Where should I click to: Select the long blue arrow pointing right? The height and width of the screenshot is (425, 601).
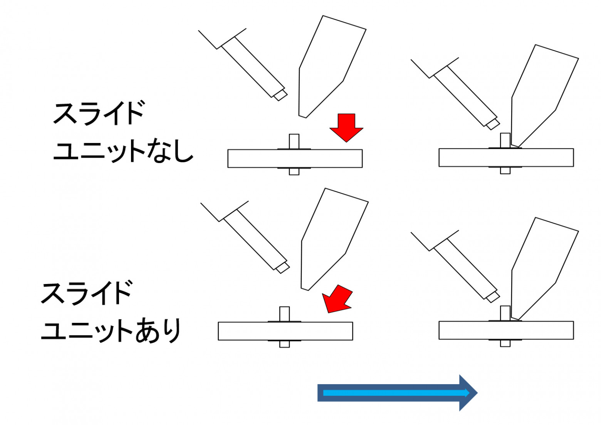(x=397, y=393)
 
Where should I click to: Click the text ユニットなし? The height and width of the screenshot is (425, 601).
(x=123, y=151)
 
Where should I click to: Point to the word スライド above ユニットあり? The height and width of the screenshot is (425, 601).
(x=87, y=293)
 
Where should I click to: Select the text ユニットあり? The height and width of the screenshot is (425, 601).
(x=111, y=331)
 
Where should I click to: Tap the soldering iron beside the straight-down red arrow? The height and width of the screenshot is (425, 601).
(x=327, y=66)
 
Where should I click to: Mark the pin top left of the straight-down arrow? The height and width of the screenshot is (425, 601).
(x=294, y=141)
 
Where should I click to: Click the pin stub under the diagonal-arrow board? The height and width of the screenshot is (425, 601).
(x=285, y=344)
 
